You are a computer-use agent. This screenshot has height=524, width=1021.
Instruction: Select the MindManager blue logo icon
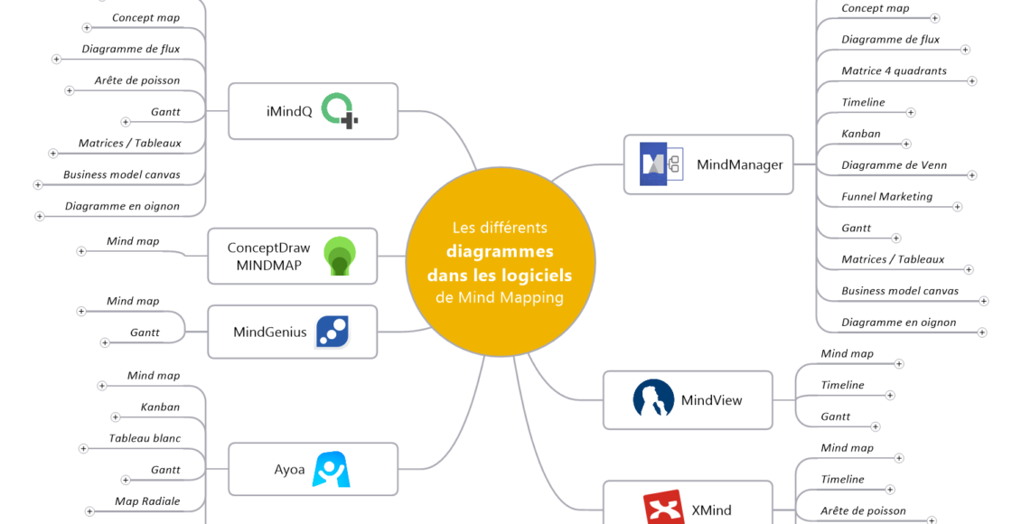[661, 164]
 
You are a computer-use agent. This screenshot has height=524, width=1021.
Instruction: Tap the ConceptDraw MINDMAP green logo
[340, 256]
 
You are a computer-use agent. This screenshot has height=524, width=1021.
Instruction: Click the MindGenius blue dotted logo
[333, 332]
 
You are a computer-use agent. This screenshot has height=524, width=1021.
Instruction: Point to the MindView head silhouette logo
[653, 398]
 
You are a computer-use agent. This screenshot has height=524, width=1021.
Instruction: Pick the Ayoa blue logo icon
[331, 469]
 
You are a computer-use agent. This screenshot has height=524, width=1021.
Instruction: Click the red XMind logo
[662, 508]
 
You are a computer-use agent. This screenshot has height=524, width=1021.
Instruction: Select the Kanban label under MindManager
[860, 134]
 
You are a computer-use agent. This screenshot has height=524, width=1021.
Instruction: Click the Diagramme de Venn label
[894, 165]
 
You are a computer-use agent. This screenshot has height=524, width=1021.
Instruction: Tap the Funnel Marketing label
[886, 196]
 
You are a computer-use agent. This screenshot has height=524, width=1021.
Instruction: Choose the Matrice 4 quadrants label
[894, 70]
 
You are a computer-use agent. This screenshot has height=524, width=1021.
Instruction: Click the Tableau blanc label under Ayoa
[145, 438]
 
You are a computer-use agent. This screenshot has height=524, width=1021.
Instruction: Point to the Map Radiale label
[147, 501]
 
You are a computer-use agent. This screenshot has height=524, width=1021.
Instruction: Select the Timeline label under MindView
[842, 385]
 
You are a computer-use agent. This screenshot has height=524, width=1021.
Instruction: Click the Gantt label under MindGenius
[145, 332]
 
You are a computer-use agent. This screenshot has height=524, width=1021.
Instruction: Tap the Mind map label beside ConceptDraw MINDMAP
[133, 241]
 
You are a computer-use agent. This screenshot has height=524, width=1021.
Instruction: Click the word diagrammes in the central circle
[500, 251]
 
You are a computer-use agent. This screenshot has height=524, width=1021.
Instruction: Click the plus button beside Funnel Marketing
[958, 207]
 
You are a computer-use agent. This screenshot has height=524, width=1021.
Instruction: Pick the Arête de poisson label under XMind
[863, 510]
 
